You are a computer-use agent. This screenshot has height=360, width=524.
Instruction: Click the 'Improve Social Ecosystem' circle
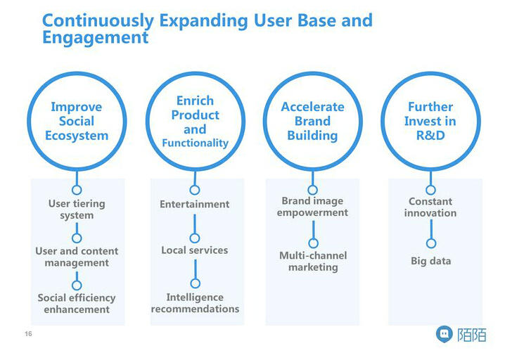pos(77,121)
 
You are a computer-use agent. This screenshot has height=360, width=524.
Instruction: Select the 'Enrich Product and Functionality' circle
pos(195,121)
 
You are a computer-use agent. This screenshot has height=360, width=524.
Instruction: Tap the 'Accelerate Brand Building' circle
pos(312,121)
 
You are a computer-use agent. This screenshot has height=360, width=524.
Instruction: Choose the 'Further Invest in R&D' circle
pos(430,121)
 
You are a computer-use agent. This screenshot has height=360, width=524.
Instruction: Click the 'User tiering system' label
pos(77,210)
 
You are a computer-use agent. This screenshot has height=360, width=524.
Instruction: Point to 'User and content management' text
pos(77,257)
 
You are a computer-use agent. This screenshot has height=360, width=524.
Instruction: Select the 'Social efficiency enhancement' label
pos(77,303)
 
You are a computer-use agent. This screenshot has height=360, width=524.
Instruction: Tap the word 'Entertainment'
pos(195,204)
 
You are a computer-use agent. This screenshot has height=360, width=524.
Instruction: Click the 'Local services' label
pos(195,250)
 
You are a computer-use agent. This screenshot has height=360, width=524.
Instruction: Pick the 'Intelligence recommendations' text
pos(195,303)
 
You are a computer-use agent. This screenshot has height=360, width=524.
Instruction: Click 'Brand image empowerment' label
pos(312,207)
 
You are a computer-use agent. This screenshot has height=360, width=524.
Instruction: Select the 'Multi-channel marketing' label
pos(313,261)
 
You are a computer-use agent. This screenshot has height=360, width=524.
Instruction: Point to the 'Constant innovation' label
pos(430,207)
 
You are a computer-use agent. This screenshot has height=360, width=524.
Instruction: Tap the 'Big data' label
pos(430,261)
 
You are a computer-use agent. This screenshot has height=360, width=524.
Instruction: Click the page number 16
pos(29,333)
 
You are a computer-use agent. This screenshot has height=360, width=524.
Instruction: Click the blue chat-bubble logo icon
pos(444,335)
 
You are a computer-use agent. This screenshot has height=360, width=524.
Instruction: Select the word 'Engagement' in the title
pos(95,37)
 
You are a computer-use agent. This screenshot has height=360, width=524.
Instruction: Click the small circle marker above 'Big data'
pos(431,243)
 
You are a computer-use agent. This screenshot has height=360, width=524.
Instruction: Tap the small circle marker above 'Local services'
pos(195,238)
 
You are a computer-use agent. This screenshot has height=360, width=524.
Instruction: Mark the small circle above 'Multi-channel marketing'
pos(313,244)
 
